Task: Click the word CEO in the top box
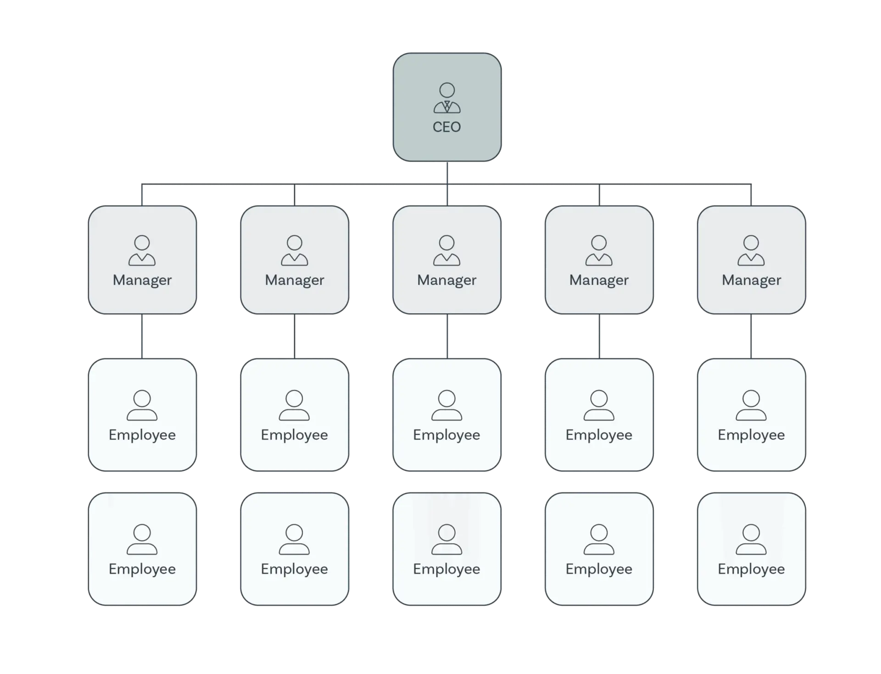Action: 446,127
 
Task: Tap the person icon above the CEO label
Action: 447,98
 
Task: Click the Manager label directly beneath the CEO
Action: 446,280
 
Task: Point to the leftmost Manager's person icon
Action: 142,251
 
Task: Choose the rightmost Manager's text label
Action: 751,280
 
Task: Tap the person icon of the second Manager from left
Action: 295,251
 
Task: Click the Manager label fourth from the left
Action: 599,280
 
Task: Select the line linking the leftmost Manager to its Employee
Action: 142,337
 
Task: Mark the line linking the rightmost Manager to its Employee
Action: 751,337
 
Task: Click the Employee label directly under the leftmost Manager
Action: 142,435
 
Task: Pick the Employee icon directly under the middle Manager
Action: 446,405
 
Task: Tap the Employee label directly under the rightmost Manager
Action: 751,435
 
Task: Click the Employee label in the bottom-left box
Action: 142,569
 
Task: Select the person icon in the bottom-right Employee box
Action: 751,539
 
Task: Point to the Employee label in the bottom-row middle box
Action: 446,569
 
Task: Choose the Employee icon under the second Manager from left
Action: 295,405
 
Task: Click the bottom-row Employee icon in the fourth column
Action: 599,539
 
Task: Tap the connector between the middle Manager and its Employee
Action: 447,337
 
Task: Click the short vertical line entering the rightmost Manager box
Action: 751,195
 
